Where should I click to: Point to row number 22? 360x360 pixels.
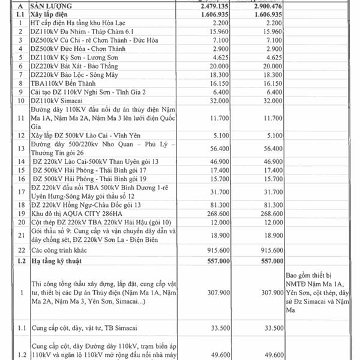tap(20, 250)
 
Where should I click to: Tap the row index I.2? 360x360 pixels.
tap(20, 260)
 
